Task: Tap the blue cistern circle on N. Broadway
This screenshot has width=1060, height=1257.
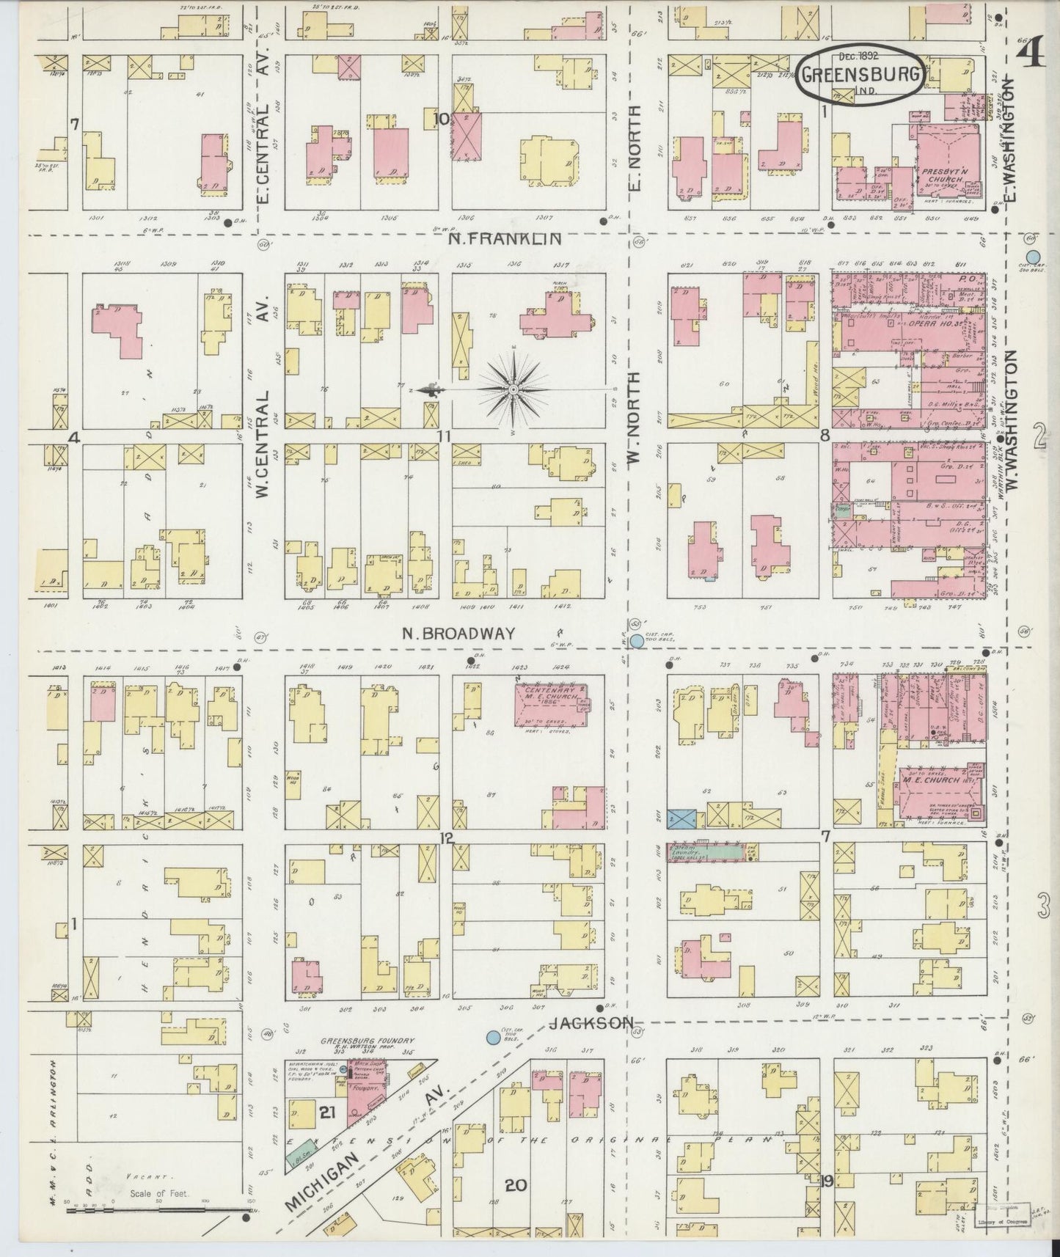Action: (x=637, y=640)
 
